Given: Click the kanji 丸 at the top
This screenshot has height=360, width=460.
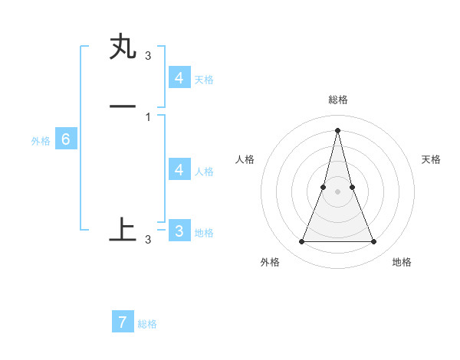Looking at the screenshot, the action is click(x=123, y=47).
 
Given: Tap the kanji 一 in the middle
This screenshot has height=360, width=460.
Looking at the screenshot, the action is click(x=123, y=107).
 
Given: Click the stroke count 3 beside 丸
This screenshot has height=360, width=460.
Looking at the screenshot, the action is click(x=148, y=55).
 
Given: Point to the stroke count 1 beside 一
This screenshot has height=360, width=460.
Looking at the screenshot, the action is click(x=148, y=116).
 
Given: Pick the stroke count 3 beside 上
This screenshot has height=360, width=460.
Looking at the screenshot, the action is click(x=148, y=239).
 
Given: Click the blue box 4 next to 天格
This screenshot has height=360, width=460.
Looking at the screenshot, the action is click(x=179, y=78).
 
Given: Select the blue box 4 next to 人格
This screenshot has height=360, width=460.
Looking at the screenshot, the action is click(x=179, y=170).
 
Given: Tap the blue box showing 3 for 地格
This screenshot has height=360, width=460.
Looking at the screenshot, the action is click(x=179, y=231).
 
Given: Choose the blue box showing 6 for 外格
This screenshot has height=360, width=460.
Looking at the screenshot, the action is click(x=66, y=139).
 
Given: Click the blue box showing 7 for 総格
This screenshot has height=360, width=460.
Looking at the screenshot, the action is click(x=123, y=322).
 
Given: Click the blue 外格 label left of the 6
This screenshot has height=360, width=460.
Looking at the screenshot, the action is click(x=40, y=141).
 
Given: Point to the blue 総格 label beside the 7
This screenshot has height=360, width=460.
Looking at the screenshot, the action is click(x=147, y=324).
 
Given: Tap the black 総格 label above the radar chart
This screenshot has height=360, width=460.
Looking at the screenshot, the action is click(x=337, y=100).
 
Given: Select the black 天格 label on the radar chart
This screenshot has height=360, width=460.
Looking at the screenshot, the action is click(x=432, y=159).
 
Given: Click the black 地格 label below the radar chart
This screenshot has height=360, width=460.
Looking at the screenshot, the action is click(x=402, y=262).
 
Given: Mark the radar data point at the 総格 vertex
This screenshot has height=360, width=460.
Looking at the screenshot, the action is click(x=337, y=129).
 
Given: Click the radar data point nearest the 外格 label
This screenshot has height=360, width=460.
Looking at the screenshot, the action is click(x=301, y=242).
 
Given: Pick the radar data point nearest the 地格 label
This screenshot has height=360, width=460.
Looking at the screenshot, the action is click(x=374, y=242).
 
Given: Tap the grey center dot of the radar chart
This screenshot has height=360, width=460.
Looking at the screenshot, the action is click(x=337, y=191).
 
